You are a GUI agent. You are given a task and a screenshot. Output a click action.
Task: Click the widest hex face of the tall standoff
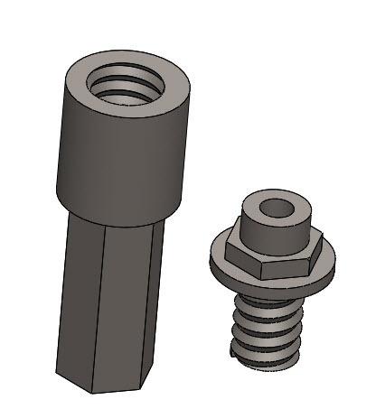(127, 307)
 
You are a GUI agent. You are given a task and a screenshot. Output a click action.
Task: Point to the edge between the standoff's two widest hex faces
(102, 307)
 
